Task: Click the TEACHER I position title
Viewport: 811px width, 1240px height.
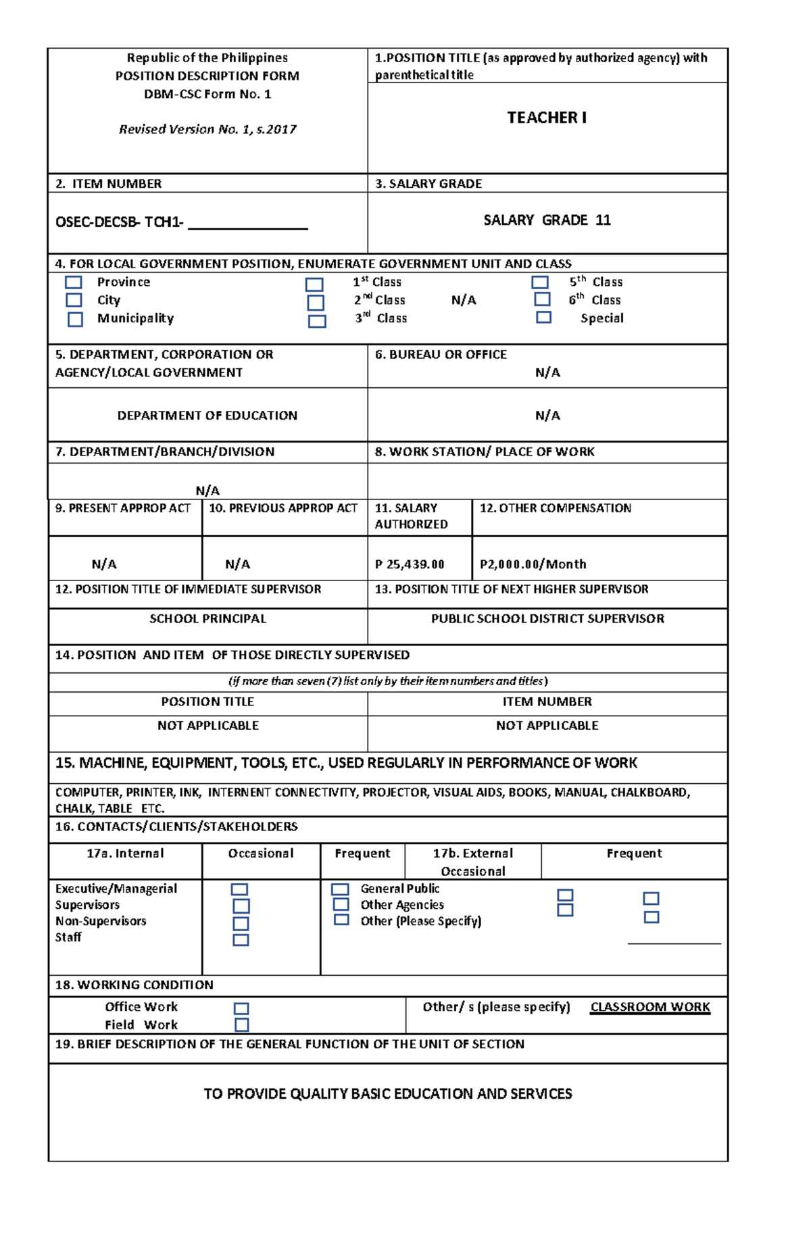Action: pyautogui.click(x=547, y=118)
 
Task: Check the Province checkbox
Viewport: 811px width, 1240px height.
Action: pyautogui.click(x=74, y=282)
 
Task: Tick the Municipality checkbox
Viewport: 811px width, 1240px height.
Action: pyautogui.click(x=75, y=319)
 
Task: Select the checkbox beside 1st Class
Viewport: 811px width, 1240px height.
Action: pyautogui.click(x=314, y=284)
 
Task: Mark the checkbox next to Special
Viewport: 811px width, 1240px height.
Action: pyautogui.click(x=543, y=317)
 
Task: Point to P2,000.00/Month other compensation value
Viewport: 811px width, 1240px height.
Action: pyautogui.click(x=533, y=564)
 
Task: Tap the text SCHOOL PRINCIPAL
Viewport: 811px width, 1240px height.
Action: pyautogui.click(x=207, y=618)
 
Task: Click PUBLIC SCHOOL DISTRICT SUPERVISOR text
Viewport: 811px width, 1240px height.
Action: pyautogui.click(x=547, y=618)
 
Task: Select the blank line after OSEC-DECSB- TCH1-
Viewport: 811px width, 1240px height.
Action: pyautogui.click(x=248, y=224)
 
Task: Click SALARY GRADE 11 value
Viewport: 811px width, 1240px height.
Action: pyautogui.click(x=547, y=220)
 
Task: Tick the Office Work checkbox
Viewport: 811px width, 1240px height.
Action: pyautogui.click(x=241, y=1008)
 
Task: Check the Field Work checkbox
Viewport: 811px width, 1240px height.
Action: pyautogui.click(x=241, y=1024)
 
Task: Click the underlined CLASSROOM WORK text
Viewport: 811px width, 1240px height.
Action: pyautogui.click(x=650, y=1007)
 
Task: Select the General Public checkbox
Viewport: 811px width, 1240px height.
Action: pyautogui.click(x=341, y=889)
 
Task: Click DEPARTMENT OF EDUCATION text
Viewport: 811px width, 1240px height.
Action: pyautogui.click(x=207, y=416)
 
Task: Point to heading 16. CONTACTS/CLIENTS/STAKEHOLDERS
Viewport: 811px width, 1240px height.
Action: pyautogui.click(x=176, y=826)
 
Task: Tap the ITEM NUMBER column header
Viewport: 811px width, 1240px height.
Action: pyautogui.click(x=547, y=701)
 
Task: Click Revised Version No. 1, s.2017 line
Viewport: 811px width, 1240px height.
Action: pyautogui.click(x=207, y=129)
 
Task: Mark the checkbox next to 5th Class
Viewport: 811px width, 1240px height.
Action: pyautogui.click(x=539, y=282)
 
